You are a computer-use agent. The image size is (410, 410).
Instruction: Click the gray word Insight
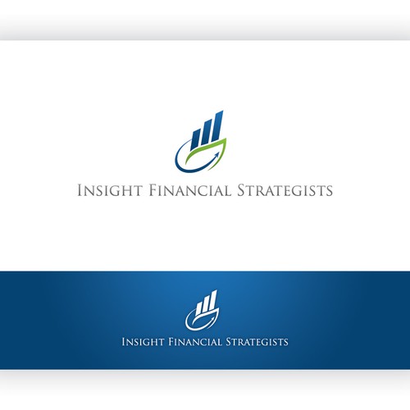(x=110, y=190)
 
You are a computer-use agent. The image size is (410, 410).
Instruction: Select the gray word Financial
(x=190, y=190)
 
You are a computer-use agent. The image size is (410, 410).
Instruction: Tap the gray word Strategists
(x=285, y=190)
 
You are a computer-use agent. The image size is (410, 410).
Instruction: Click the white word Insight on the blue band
(x=143, y=342)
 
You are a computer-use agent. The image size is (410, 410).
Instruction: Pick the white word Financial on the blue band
(x=195, y=342)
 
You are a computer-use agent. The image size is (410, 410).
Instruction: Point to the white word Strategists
(x=257, y=342)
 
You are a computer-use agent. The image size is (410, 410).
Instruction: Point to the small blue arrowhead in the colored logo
(x=216, y=156)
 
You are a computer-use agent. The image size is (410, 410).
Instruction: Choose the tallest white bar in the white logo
(x=213, y=300)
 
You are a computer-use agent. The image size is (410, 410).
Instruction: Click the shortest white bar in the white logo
(x=199, y=308)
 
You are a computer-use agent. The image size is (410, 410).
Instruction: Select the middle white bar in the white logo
(x=206, y=304)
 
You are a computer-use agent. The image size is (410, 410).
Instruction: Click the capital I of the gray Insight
(x=80, y=190)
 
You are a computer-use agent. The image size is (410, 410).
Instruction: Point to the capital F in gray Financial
(x=153, y=190)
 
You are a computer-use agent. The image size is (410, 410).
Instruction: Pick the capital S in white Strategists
(x=229, y=342)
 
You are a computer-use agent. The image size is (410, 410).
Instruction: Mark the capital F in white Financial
(x=171, y=342)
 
